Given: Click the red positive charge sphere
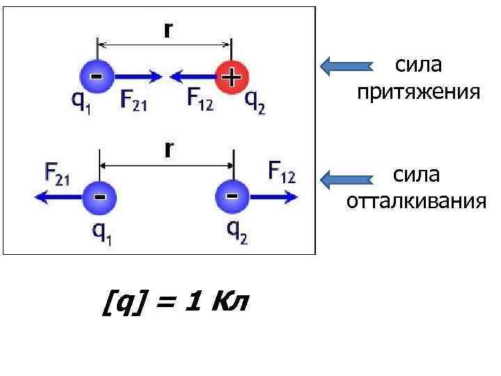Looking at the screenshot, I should (231, 76).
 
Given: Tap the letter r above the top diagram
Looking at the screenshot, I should (168, 30).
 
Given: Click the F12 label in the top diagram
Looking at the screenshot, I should (200, 100).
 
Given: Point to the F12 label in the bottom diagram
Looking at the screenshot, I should (282, 172).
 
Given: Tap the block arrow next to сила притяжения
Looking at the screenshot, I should (346, 66).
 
